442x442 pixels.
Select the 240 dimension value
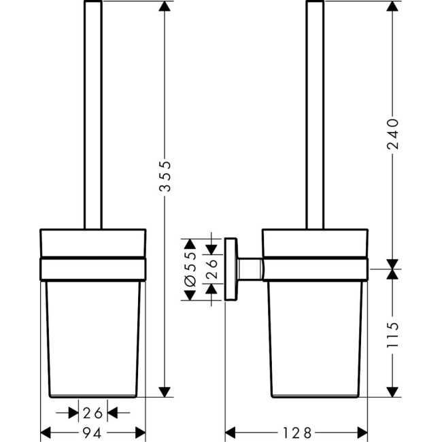coord(391,137)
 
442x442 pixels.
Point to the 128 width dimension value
coord(297,431)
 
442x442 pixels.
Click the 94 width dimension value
coord(94,431)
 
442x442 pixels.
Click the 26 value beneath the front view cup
coord(94,412)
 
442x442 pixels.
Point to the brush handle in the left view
coord(92,116)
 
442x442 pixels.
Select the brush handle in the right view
coord(315,116)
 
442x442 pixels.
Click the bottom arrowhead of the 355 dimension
coord(164,392)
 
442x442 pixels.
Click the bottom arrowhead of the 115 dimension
coord(391,392)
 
